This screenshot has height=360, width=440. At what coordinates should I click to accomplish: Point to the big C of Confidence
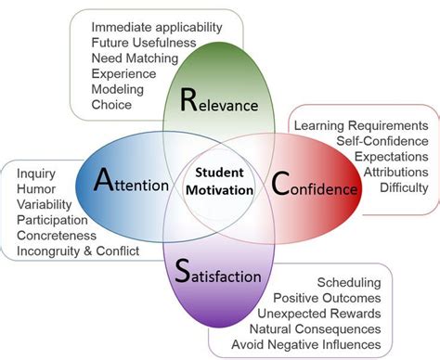coord(280,186)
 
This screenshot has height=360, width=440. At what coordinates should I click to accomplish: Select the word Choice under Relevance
coord(112,105)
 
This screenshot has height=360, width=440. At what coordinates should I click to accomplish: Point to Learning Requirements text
coord(361,124)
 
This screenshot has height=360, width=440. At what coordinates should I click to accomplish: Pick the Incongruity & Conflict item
coord(78,251)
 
